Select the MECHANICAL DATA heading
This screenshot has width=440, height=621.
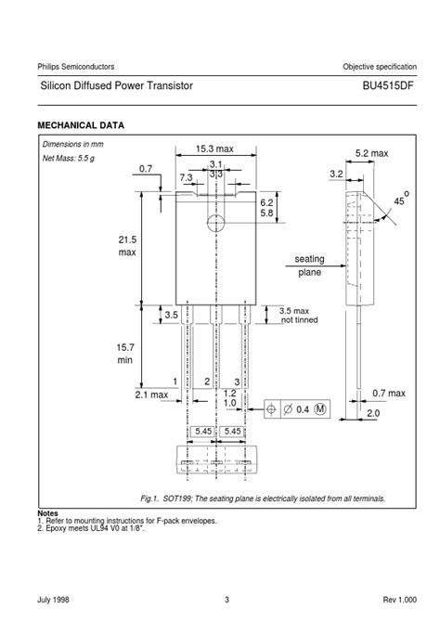tap(81, 124)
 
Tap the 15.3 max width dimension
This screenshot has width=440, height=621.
tap(214, 149)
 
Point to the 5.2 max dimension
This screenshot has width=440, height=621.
tap(371, 152)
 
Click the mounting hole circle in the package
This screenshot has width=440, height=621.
tap(215, 223)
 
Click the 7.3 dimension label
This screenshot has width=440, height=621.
tap(186, 176)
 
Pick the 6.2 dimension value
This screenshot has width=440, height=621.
tap(266, 201)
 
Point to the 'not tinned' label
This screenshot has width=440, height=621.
tap(299, 319)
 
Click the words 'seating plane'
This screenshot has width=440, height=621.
tap(309, 265)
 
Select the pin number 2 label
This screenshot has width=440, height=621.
tap(206, 382)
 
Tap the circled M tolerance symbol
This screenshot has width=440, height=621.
tap(320, 409)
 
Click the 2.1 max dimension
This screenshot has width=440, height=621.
tap(152, 395)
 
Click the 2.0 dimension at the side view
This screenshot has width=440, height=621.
tap(372, 413)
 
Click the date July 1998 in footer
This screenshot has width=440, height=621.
tap(55, 599)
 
